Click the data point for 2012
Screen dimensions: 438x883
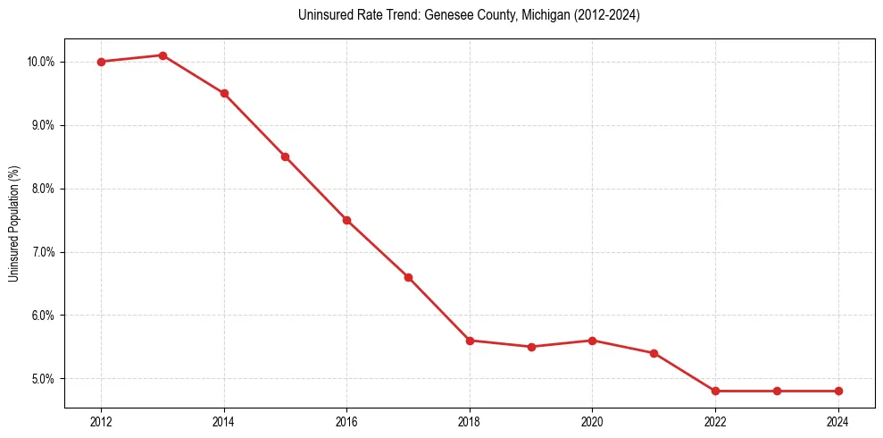(x=101, y=62)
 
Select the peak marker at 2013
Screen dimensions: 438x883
(x=162, y=55)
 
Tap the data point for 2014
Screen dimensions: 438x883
(x=224, y=93)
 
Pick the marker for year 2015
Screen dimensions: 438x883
(x=285, y=156)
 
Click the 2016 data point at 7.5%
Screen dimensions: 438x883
(x=346, y=220)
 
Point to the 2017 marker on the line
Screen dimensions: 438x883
(x=408, y=277)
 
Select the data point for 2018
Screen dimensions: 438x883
(x=470, y=341)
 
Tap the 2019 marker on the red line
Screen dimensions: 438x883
(x=531, y=347)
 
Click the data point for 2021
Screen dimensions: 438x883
(x=654, y=353)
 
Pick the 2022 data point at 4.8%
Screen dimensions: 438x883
(x=715, y=391)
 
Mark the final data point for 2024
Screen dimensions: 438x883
(x=838, y=391)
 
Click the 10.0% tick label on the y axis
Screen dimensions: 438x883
(x=41, y=62)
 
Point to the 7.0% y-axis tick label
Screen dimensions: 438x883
(x=43, y=252)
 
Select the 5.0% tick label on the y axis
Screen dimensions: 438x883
(x=43, y=379)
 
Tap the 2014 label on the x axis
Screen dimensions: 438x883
(x=224, y=421)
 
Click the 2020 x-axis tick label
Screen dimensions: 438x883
(x=592, y=421)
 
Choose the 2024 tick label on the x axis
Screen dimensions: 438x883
(x=838, y=421)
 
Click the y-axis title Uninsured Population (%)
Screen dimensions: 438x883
(x=13, y=223)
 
